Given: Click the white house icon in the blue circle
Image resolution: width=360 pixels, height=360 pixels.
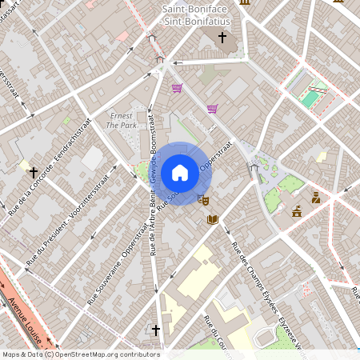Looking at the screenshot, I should pyautogui.click(x=180, y=172).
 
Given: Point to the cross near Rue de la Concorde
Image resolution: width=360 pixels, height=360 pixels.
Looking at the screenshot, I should pyautogui.click(x=34, y=171).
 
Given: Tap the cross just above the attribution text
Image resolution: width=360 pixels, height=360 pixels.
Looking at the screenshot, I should pyautogui.click(x=155, y=330).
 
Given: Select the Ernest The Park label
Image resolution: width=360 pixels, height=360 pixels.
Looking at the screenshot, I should pyautogui.click(x=122, y=120).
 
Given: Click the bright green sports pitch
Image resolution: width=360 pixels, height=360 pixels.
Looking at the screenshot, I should pyautogui.click(x=310, y=98).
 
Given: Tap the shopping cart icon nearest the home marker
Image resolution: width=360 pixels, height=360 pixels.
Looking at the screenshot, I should pyautogui.click(x=213, y=109).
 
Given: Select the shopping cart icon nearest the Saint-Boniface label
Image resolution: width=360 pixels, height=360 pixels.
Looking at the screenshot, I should pyautogui.click(x=177, y=88).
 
